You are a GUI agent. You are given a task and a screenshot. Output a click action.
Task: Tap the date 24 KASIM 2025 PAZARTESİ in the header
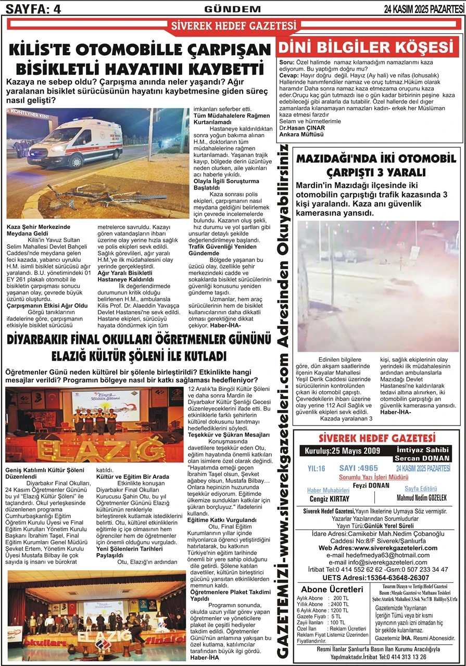click(423, 8)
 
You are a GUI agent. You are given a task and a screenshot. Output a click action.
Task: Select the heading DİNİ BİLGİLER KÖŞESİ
click(368, 48)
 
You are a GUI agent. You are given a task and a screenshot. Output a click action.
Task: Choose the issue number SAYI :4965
click(358, 468)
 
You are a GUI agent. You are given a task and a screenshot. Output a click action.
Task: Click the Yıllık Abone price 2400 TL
click(338, 604)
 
